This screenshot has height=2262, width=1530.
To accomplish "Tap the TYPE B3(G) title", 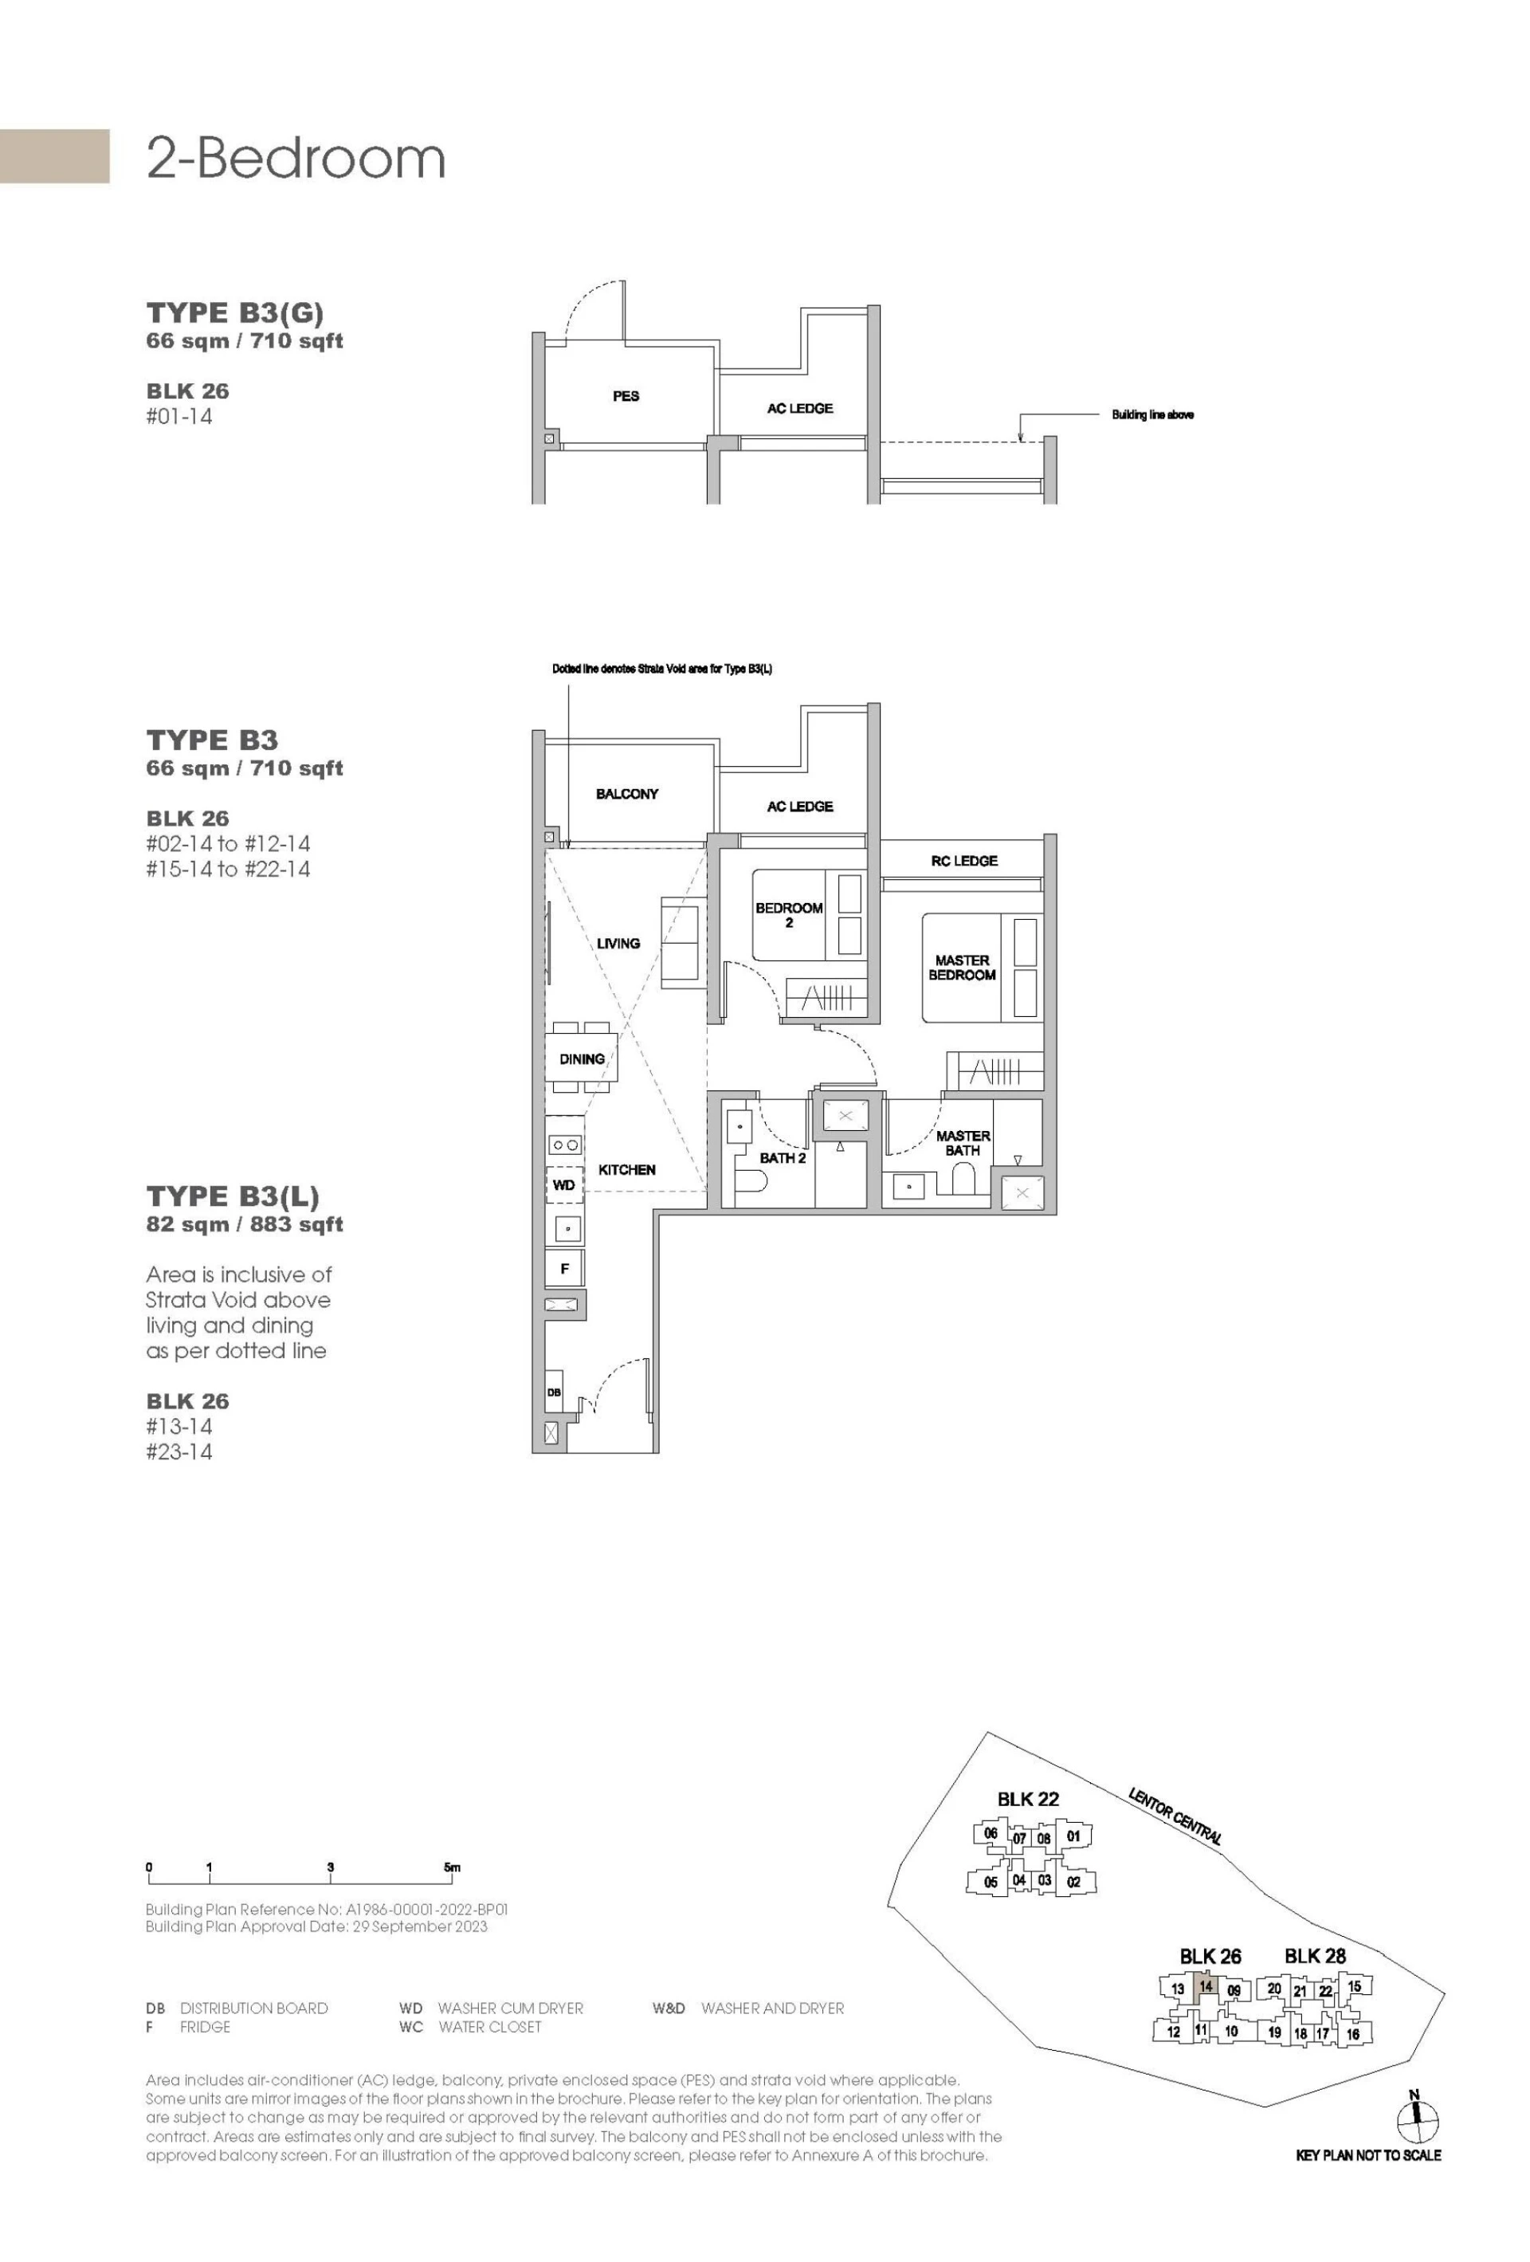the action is click(x=234, y=312).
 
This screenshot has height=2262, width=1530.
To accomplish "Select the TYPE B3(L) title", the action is click(x=233, y=1196).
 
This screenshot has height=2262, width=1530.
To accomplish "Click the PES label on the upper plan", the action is click(x=626, y=396).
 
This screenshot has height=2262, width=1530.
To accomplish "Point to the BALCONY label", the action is click(x=627, y=794).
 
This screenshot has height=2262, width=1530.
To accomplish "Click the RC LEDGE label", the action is click(x=963, y=861).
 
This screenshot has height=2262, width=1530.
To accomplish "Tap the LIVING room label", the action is click(x=618, y=943).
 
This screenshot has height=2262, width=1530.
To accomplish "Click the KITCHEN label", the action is click(x=627, y=1170).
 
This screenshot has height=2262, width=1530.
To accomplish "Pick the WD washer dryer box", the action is click(x=563, y=1185).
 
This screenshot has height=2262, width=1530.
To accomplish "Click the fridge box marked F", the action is click(x=564, y=1269).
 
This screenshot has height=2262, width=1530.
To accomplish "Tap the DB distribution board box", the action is click(x=554, y=1392).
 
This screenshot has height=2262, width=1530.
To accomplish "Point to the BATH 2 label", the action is click(x=783, y=1158).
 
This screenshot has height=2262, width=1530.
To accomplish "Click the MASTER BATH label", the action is click(x=963, y=1143).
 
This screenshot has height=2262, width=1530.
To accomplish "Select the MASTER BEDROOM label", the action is click(x=962, y=968).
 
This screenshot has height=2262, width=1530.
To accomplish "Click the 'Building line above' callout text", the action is click(x=1152, y=414).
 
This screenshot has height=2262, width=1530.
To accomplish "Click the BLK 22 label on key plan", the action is click(x=1028, y=1800).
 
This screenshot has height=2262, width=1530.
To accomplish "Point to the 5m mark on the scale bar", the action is click(x=452, y=1867).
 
